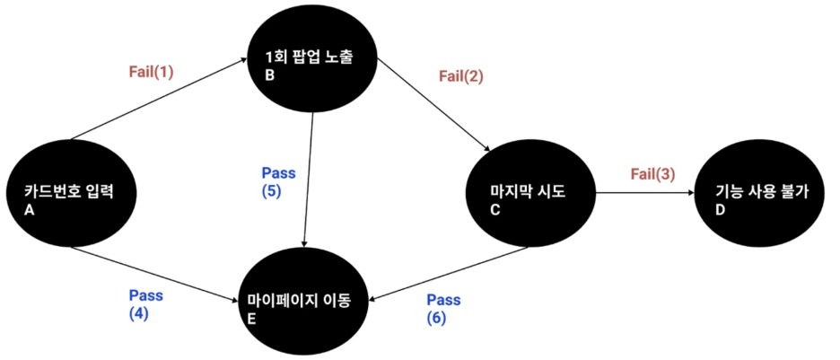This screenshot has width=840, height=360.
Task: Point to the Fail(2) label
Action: click(460, 76)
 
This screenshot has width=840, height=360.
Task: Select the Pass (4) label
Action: click(146, 303)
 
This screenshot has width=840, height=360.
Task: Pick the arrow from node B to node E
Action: click(309, 180)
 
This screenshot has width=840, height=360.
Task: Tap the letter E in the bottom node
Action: click(254, 317)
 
